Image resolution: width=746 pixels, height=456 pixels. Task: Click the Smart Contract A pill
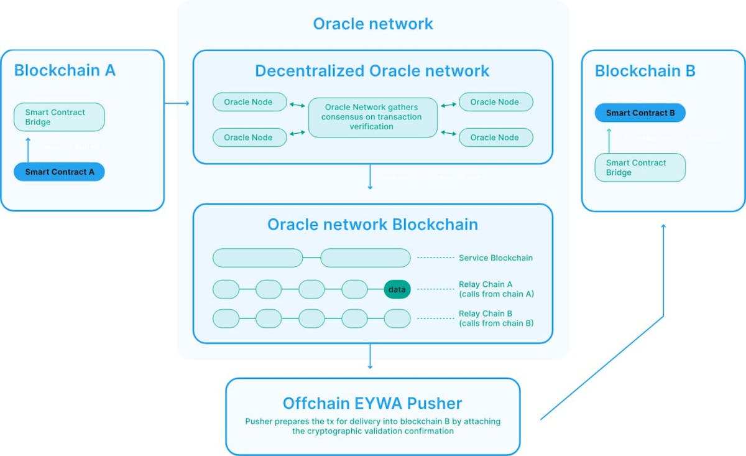pos(59,172)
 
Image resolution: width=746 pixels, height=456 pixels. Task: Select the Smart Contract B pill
pos(640,113)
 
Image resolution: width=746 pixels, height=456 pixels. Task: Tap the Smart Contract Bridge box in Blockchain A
pos(59,117)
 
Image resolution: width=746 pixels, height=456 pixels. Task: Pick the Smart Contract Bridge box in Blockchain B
pos(640,167)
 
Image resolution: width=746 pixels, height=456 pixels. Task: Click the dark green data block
pos(397,289)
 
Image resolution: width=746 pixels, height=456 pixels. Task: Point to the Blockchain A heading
pos(65,70)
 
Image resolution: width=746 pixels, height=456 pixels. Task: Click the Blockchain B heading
pos(645,71)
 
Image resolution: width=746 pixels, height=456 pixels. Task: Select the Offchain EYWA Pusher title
pos(372,402)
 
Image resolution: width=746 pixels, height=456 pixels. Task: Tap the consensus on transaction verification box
pos(373,117)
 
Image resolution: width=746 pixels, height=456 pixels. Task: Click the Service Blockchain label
pos(495,258)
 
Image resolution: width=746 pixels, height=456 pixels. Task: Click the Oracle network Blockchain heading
pos(372,224)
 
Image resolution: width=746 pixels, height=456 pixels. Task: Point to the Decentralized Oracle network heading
pos(372,71)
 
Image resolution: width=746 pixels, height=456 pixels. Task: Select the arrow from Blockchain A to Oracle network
pos(177,102)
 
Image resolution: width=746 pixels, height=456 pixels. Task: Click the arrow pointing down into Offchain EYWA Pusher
pos(371,358)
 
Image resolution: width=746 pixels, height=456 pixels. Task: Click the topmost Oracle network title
pos(372,24)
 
